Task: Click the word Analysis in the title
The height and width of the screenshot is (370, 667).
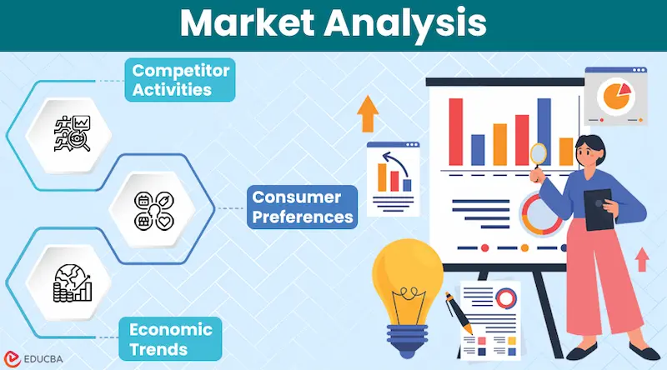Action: click(x=411, y=22)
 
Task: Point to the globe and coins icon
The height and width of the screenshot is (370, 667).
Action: click(x=72, y=282)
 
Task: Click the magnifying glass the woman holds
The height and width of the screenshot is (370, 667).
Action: click(x=539, y=154)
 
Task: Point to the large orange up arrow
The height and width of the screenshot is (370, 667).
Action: click(x=366, y=115)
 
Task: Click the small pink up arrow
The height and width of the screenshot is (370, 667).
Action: click(x=641, y=259)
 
